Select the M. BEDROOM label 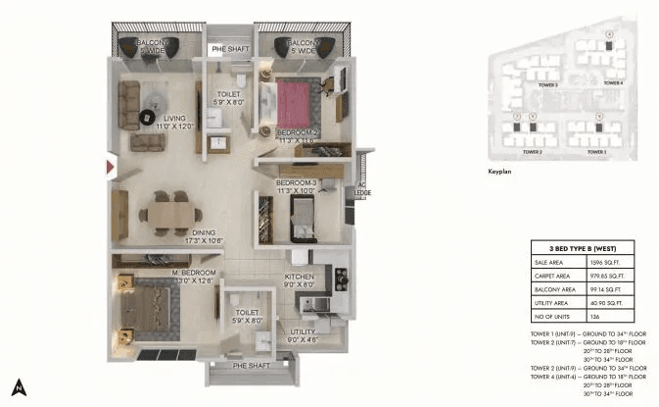click(167, 276)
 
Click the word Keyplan click(499, 172)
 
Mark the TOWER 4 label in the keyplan click(613, 83)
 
